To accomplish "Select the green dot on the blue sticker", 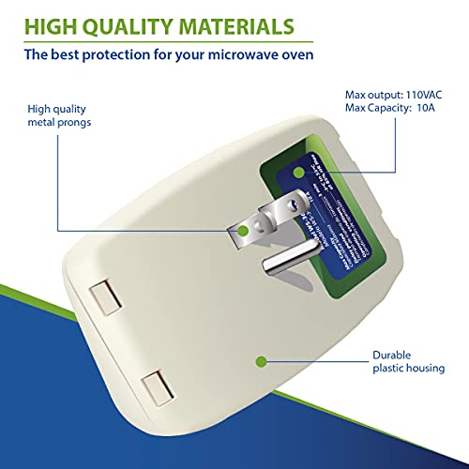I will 297,173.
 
